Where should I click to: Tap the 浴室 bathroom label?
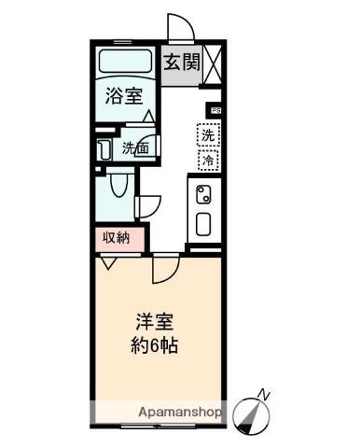pyautogui.click(x=124, y=96)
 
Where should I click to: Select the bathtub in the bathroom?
pyautogui.click(x=125, y=61)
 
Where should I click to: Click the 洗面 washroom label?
pyautogui.click(x=135, y=147)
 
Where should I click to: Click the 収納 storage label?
pyautogui.click(x=117, y=239)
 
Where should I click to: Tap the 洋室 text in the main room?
pyautogui.click(x=154, y=322)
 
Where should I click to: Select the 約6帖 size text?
pyautogui.click(x=154, y=344)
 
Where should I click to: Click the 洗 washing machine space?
pyautogui.click(x=208, y=135)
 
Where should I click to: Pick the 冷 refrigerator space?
pyautogui.click(x=208, y=161)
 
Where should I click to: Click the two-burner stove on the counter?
pyautogui.click(x=203, y=194)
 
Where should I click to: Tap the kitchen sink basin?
pyautogui.click(x=203, y=224)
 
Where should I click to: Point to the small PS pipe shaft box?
pyautogui.click(x=216, y=110)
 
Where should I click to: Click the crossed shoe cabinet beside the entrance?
pyautogui.click(x=212, y=64)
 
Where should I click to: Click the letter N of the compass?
pyautogui.click(x=264, y=394)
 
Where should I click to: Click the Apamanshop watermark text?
pyautogui.click(x=180, y=413)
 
